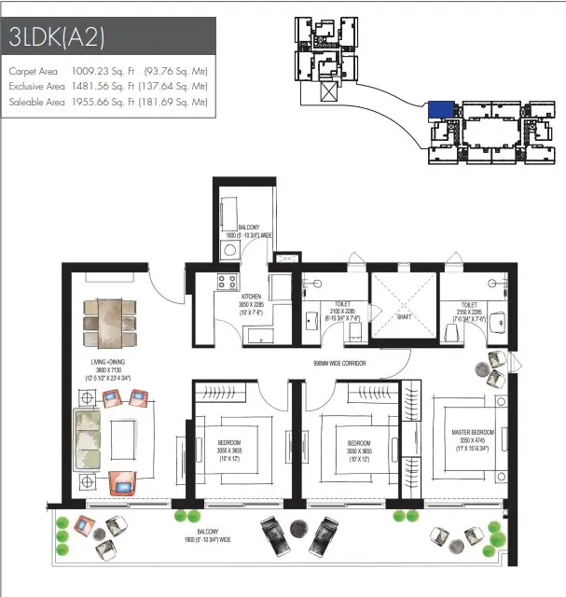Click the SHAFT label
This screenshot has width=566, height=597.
click(404, 315)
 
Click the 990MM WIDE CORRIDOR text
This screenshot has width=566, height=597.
click(338, 363)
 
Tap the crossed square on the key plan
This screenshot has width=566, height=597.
click(328, 90)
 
